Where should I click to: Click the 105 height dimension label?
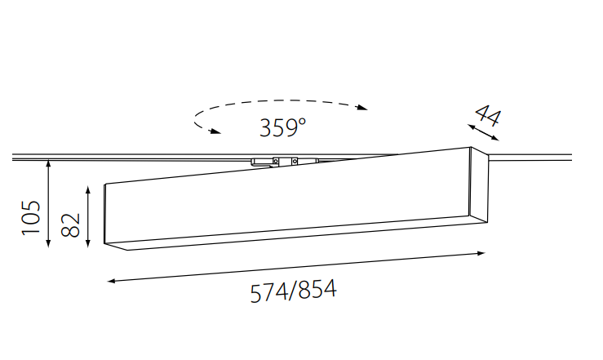[x=31, y=218]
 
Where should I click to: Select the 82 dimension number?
[x=71, y=225]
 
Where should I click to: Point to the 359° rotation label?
[x=282, y=127]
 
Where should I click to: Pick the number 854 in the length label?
[x=317, y=289]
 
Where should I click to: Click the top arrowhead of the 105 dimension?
[x=48, y=164]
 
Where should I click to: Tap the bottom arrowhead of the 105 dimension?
[x=48, y=243]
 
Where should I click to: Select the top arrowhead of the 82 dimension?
[x=88, y=190]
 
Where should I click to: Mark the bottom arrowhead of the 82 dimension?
[x=88, y=243]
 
